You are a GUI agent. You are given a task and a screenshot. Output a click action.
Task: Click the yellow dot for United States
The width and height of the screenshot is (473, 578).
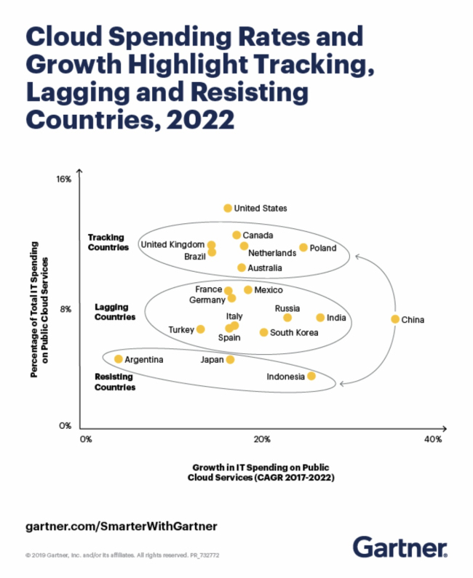click(x=228, y=208)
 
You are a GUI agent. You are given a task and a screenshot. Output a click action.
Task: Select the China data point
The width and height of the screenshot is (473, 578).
click(x=395, y=319)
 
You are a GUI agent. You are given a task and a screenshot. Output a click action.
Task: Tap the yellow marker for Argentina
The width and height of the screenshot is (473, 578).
click(x=119, y=359)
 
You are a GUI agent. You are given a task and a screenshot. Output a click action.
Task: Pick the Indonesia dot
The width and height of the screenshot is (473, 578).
click(x=311, y=376)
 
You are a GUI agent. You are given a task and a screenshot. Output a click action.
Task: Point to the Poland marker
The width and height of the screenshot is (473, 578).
click(x=303, y=248)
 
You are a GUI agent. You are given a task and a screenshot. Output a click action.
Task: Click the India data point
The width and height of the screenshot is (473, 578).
click(x=320, y=318)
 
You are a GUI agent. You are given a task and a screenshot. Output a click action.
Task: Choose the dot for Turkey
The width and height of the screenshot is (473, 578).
click(x=201, y=329)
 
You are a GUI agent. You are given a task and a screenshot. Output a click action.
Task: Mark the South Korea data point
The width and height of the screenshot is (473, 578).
click(x=263, y=332)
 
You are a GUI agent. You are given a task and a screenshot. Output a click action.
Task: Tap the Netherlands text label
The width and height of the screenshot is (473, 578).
click(x=272, y=254)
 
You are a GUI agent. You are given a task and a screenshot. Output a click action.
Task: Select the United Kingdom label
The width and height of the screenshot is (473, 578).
click(x=172, y=244)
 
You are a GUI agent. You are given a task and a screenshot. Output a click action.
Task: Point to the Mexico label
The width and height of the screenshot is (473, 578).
click(x=269, y=290)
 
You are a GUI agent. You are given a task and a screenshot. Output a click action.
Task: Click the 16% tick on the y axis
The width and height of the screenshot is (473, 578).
click(x=64, y=179)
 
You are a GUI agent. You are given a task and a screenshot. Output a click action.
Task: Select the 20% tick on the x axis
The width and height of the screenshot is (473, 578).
click(x=263, y=439)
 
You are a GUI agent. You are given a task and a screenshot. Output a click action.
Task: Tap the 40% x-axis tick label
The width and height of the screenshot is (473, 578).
click(x=433, y=439)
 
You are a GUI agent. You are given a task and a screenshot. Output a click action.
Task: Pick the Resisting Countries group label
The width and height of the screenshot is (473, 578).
click(x=115, y=382)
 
